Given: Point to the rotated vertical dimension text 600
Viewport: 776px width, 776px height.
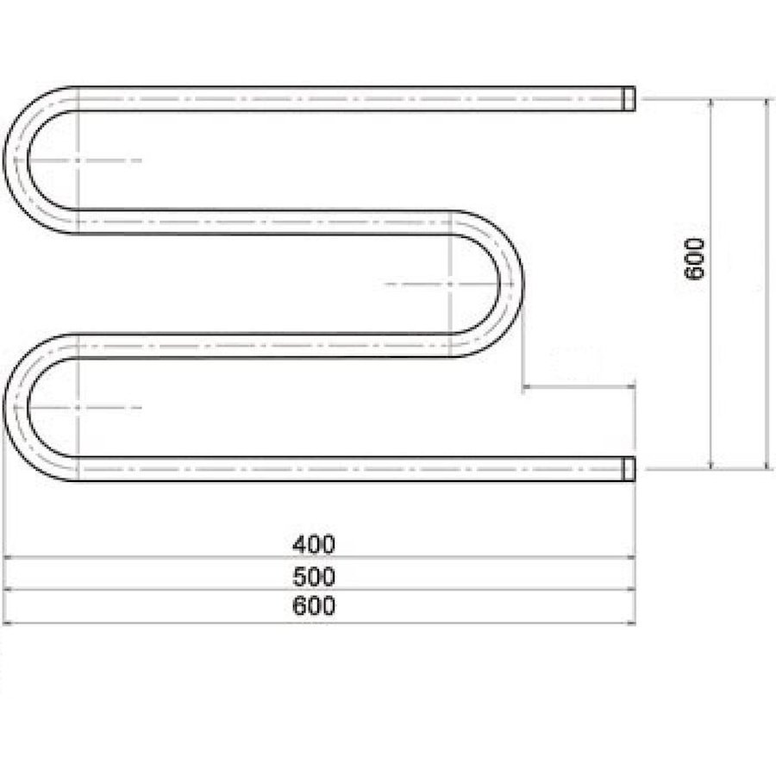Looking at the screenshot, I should click(695, 258).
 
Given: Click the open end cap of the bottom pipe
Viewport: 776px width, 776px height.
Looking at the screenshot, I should click(630, 468).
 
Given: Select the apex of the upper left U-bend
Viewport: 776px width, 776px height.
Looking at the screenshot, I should click(16, 160).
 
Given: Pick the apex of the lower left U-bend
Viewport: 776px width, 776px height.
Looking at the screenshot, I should click(16, 406).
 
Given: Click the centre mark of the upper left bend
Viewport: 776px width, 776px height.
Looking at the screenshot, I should click(78, 160).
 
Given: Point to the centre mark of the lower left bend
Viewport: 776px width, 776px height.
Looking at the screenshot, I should click(78, 406).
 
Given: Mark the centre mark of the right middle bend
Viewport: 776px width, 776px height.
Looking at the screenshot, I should click(451, 284).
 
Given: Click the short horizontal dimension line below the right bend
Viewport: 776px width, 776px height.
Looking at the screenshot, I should click(579, 387).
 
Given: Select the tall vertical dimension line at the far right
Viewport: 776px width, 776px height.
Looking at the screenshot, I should click(766, 284).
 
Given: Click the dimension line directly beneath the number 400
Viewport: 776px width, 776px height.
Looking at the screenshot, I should click(319, 558).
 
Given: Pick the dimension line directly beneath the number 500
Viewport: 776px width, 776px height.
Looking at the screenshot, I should click(319, 590).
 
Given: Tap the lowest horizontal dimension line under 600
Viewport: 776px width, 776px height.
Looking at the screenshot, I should click(319, 623).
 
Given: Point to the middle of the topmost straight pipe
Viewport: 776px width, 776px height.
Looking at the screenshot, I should click(354, 98).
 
